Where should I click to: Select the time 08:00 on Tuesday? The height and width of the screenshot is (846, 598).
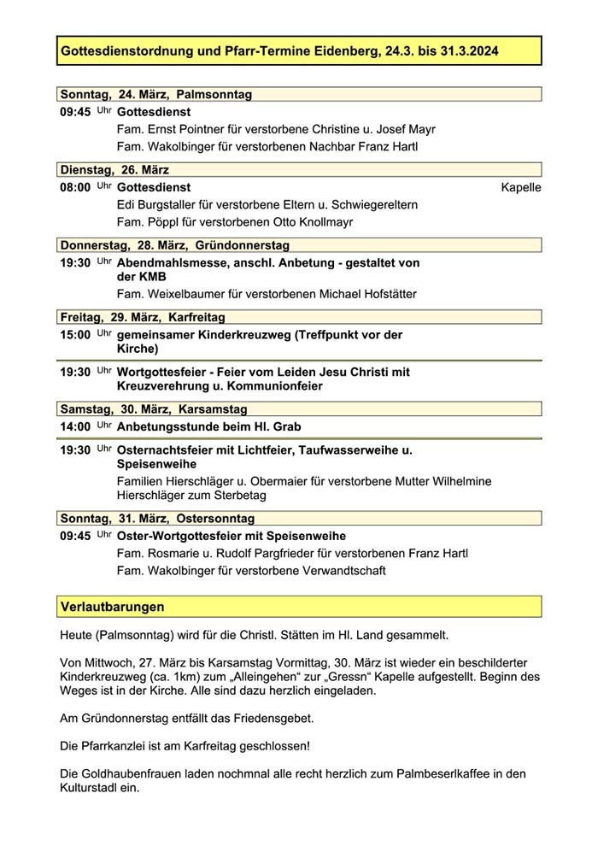click(75, 187)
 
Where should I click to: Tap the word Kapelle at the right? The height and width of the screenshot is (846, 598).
click(520, 187)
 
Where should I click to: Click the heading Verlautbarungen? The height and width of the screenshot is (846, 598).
click(112, 607)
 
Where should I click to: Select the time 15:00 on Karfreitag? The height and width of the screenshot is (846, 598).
click(75, 334)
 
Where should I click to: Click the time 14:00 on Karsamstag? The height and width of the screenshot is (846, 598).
click(75, 426)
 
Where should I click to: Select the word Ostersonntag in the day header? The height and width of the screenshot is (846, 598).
click(214, 519)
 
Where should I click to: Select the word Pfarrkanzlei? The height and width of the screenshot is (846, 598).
click(114, 745)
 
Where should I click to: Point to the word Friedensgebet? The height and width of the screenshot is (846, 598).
click(273, 717)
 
